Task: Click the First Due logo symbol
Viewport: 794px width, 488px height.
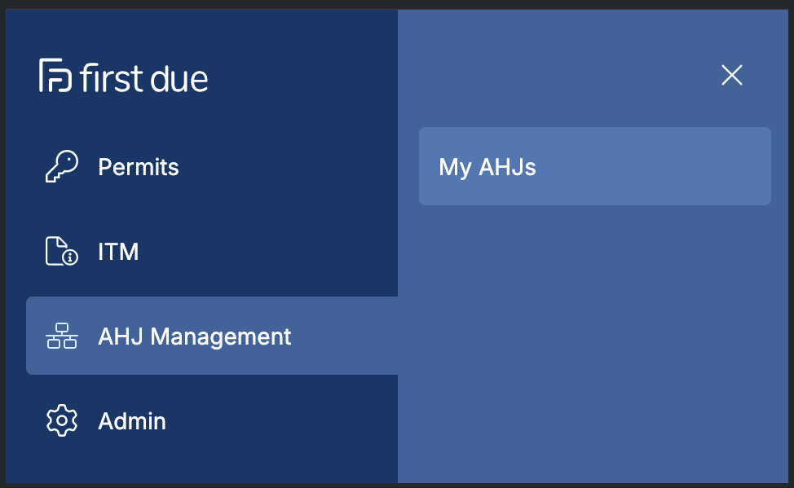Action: pos(55,75)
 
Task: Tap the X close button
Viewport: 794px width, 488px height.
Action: pos(732,76)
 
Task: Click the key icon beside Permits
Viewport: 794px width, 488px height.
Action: pos(62,166)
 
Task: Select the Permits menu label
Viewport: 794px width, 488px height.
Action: pos(139,167)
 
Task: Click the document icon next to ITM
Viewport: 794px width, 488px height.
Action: pos(61,251)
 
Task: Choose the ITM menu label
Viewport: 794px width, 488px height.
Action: pos(118,252)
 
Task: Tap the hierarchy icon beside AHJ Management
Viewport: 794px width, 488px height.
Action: pos(62,336)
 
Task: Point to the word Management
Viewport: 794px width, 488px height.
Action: pos(221,337)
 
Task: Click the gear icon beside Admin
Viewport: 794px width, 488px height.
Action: pos(62,420)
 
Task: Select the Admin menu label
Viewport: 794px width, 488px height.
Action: pos(132,421)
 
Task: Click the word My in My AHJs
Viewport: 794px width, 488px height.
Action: pos(455,168)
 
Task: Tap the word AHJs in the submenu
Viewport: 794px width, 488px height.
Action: pos(507,167)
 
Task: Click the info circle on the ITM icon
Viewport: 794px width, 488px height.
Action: pos(70,257)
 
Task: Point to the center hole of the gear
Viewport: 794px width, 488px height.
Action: pos(62,420)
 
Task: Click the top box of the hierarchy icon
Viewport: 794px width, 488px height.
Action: pos(62,328)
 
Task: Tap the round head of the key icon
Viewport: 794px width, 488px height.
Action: pos(68,160)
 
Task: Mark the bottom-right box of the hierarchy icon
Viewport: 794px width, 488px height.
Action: pos(70,344)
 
